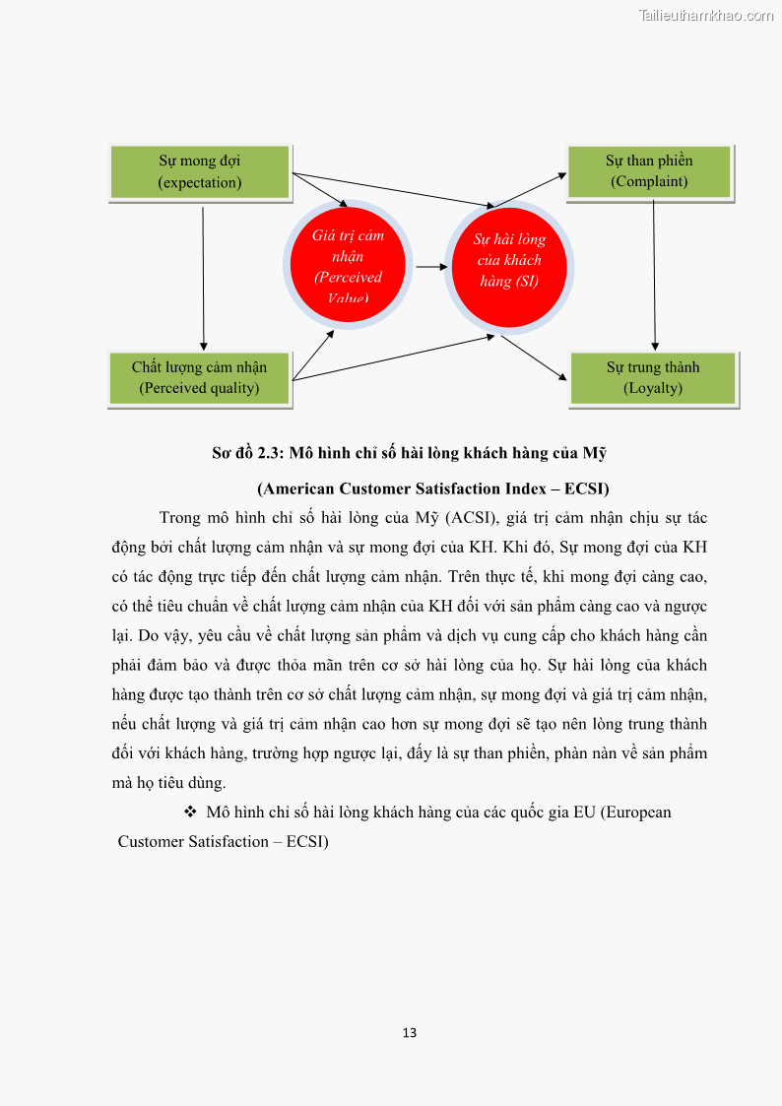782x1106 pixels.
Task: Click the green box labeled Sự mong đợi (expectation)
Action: click(x=200, y=172)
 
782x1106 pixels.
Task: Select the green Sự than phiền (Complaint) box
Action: click(x=649, y=171)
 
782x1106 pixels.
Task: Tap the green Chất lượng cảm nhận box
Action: click(x=199, y=378)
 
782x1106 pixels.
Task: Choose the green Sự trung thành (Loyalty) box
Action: click(x=653, y=378)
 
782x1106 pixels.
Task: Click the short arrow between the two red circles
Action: click(x=428, y=266)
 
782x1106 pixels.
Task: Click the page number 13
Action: click(x=410, y=1033)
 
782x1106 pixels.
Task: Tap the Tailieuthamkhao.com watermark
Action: click(x=706, y=15)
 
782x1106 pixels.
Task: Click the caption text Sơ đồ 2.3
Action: click(x=246, y=453)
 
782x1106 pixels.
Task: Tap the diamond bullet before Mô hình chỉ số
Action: click(x=190, y=813)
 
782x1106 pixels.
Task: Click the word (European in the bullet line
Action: click(x=635, y=813)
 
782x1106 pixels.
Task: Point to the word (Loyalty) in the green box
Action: click(x=653, y=388)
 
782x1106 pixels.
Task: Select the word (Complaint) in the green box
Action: click(x=649, y=181)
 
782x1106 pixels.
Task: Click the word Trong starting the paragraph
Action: click(x=180, y=518)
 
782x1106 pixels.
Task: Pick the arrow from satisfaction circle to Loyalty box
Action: click(x=534, y=358)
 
